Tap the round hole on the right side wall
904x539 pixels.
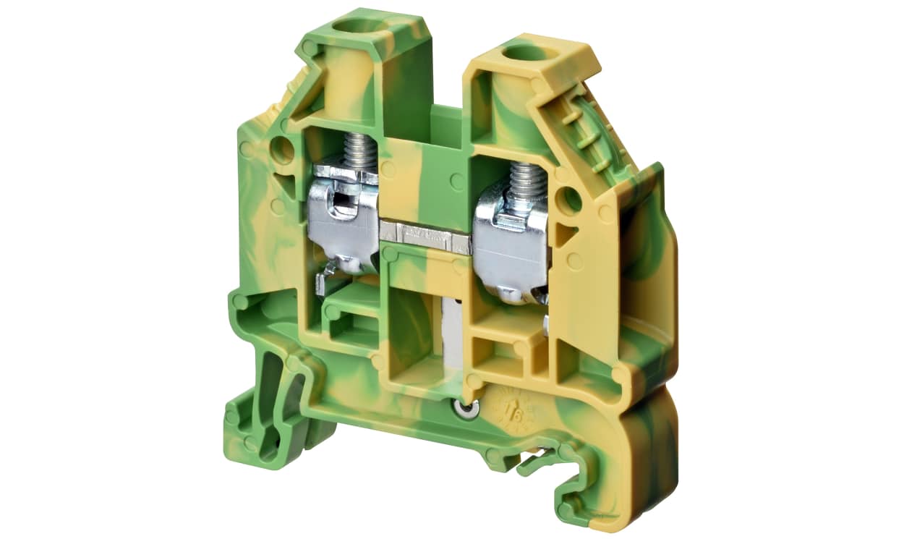pyautogui.click(x=571, y=199)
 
